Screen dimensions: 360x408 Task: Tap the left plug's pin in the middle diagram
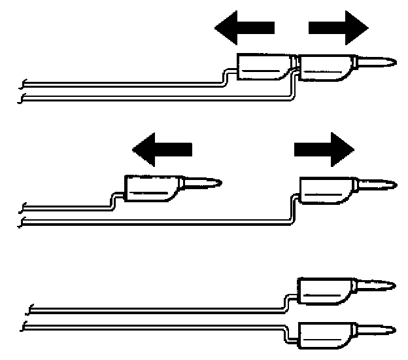point(203,183)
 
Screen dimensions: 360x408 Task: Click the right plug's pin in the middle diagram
point(378,185)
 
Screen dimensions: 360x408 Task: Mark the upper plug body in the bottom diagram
point(326,289)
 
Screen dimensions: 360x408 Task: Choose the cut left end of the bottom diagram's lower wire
point(25,325)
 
